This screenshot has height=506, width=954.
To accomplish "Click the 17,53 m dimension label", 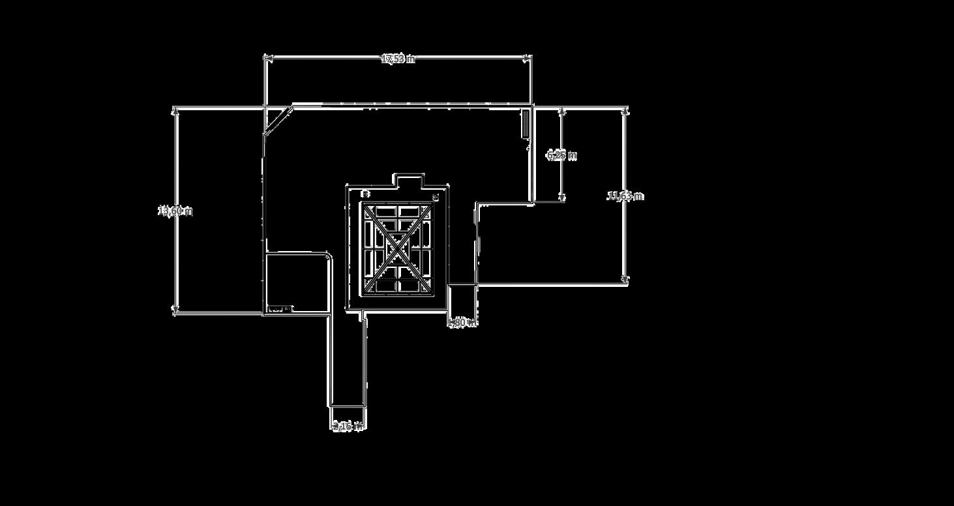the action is click(x=398, y=59).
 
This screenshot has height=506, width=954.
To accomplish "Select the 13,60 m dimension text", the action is click(x=175, y=211).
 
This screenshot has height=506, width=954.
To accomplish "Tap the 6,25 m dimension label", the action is click(x=561, y=155).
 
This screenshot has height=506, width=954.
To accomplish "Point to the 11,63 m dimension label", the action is click(x=625, y=196).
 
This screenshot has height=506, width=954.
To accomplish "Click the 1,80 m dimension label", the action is click(x=462, y=322).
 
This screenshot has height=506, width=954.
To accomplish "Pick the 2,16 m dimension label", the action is click(x=348, y=426).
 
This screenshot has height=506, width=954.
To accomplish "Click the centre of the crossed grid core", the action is click(x=398, y=248).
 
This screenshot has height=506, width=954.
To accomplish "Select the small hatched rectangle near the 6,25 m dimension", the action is click(x=525, y=124).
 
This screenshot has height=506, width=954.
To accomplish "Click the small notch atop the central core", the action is click(x=409, y=180).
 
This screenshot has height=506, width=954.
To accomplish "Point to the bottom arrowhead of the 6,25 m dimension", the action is click(x=562, y=198).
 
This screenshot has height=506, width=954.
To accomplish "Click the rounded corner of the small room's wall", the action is click(x=328, y=256).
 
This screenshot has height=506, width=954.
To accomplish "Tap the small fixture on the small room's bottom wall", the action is click(x=280, y=309).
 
